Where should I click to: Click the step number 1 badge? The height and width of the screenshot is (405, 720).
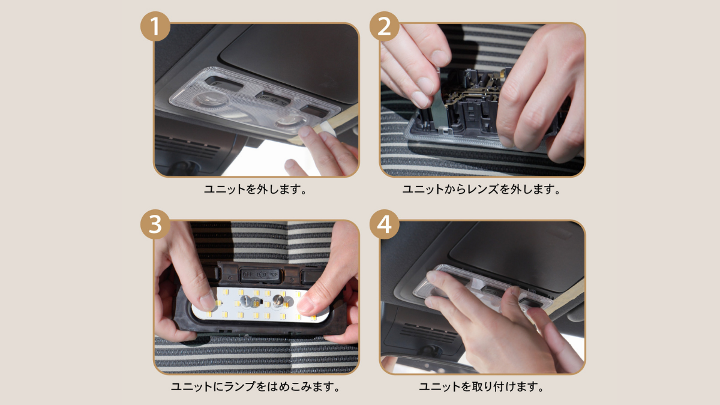155,26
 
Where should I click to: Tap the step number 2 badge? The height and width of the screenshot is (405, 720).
385,26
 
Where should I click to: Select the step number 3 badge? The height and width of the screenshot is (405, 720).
155,224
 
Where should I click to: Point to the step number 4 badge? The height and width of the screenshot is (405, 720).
385,224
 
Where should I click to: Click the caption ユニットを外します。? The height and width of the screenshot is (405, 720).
255,189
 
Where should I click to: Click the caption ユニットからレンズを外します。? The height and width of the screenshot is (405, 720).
481,189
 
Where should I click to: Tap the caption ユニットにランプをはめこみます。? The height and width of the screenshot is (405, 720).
255,386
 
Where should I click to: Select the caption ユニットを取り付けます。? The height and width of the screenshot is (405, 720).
481,386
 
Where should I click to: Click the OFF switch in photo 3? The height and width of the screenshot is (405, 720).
260,275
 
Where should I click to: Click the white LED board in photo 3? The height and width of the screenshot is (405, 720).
260,305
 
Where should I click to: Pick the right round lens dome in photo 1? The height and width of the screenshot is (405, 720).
290,122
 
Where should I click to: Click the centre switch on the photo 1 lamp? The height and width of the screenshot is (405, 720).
273,98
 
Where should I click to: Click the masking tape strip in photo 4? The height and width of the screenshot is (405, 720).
564,296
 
